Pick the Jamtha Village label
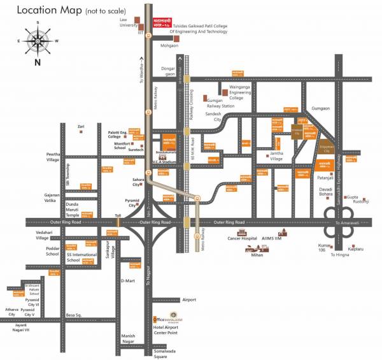(x=276, y=157)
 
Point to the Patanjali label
(x=326, y=178)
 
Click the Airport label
(x=189, y=299)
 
